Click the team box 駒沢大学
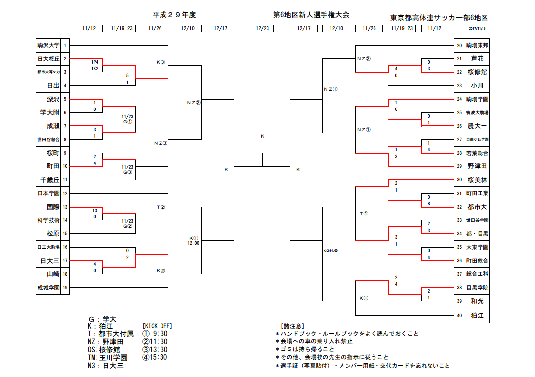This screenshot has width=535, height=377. point(49,45)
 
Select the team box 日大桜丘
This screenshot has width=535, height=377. point(49,58)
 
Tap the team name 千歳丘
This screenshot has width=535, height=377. point(49,180)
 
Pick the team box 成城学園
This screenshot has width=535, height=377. point(49,287)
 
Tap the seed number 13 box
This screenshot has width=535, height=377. point(65,207)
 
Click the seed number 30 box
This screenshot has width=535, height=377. point(460,180)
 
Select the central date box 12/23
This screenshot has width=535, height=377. point(262,28)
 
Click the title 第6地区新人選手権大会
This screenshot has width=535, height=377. point(311,15)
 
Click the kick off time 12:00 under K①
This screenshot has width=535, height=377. point(193,243)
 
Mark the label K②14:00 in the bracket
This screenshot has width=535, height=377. point(330,250)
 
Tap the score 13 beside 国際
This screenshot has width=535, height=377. point(94,210)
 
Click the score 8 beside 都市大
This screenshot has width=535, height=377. point(429,203)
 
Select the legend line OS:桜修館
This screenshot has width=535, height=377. point(107,349)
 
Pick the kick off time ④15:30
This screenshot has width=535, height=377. point(155,357)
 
